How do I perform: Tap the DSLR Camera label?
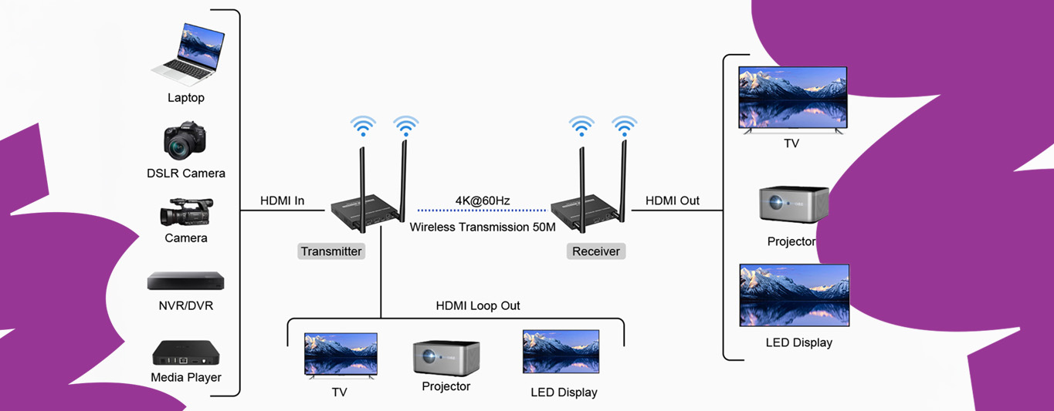point(186,173)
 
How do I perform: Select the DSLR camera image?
point(185,140)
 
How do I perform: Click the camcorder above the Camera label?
point(186,212)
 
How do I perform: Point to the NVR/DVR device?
point(185,281)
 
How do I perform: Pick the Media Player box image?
point(185,352)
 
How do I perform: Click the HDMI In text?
point(282,201)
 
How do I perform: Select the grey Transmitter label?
point(331,251)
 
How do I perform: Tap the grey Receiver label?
point(596,251)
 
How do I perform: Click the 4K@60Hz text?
point(483,201)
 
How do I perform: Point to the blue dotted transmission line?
point(482,211)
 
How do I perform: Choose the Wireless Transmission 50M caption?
point(483,227)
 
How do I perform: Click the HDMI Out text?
point(673,201)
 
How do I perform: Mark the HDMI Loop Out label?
point(478,306)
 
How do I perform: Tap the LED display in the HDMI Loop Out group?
point(561,352)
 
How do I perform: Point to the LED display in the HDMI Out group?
point(794,295)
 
